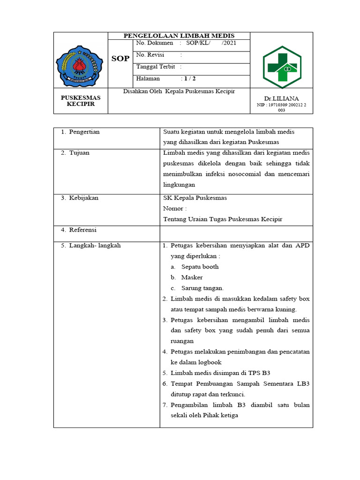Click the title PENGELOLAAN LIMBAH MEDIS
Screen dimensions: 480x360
179,36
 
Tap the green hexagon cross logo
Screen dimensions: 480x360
282,67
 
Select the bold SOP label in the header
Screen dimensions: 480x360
120,59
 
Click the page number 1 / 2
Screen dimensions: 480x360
190,78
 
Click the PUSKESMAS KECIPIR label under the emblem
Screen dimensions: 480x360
81,101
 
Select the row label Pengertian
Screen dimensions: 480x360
84,132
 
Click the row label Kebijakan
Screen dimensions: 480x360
83,198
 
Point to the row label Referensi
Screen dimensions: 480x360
82,230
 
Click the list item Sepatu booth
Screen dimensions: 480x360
200,267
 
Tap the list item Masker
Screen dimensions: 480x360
192,277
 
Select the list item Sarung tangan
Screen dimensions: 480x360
202,288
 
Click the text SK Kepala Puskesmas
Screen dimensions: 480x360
195,198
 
